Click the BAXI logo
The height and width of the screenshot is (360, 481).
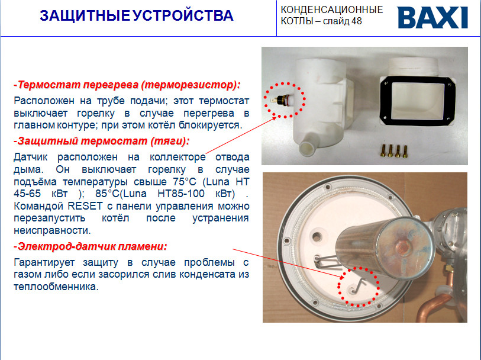point(432,18)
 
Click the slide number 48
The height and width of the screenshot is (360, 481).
point(357,21)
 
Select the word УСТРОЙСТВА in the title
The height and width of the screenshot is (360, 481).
point(183,15)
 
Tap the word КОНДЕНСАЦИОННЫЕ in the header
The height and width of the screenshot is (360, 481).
point(332,10)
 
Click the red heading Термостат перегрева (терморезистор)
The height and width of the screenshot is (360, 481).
point(127,85)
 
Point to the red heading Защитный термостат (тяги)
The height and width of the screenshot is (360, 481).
point(102,141)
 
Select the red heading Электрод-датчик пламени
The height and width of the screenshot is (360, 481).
point(91,246)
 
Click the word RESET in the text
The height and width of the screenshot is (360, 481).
point(85,206)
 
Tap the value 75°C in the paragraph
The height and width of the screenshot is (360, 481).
point(185,182)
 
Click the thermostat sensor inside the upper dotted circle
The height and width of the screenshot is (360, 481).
point(279,99)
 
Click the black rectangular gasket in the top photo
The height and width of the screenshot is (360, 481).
point(418,101)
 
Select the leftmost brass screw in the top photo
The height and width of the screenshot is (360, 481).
point(383,150)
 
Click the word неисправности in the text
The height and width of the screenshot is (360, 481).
point(52,230)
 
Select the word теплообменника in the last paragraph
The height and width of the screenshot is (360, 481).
point(56,287)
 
